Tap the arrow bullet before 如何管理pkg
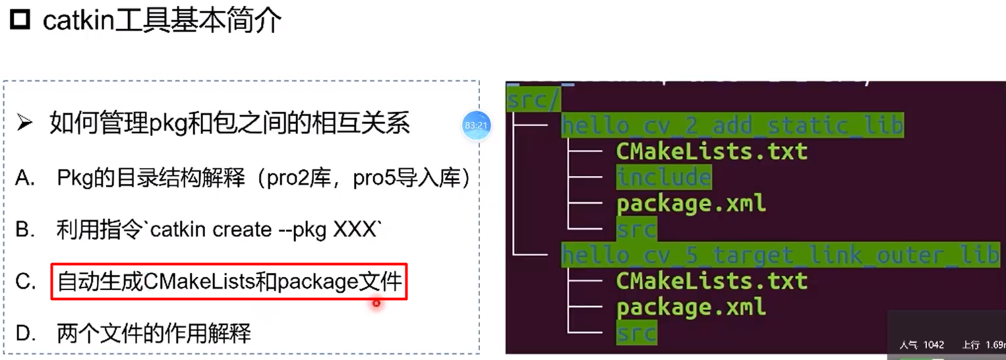coord(24,123)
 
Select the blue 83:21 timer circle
coord(475,125)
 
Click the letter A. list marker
coord(25,178)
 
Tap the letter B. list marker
coord(25,229)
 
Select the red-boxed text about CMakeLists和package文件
coord(229,282)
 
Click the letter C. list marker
coord(25,282)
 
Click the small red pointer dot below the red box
coord(376,304)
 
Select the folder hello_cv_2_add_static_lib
coord(732,125)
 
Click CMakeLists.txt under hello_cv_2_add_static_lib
coord(712,152)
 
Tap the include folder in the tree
coord(664,177)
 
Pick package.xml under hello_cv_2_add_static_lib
coord(691,203)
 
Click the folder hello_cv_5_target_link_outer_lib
coord(779,255)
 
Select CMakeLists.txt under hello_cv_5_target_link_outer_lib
coord(712,281)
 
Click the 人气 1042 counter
coord(922,345)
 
